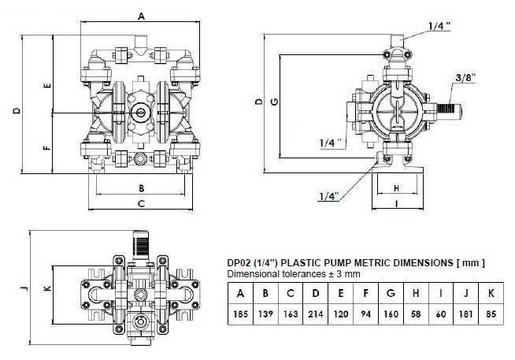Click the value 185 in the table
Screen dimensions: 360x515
(239, 315)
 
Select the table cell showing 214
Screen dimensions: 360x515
(314, 315)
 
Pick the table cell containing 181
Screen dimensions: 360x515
(465, 315)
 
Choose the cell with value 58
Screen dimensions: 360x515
(415, 315)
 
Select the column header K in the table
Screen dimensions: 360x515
(491, 293)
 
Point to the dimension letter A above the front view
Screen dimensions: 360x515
(141, 15)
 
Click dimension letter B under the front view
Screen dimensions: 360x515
(141, 188)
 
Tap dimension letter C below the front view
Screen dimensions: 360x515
(141, 204)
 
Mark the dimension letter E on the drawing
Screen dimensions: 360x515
(47, 85)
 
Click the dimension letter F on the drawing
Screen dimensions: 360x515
(47, 147)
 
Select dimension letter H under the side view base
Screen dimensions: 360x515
(396, 188)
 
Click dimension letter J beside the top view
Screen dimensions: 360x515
(24, 288)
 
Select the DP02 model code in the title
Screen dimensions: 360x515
(239, 262)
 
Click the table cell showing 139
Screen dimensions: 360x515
(264, 315)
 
